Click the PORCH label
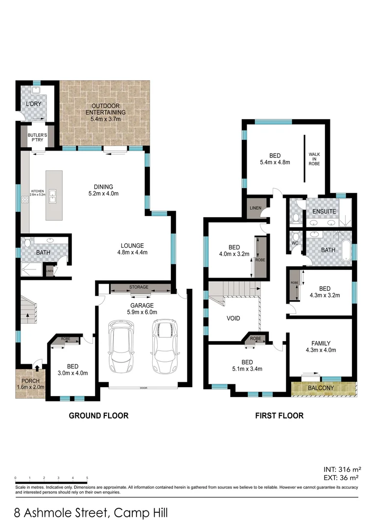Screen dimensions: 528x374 pyautogui.click(x=30, y=380)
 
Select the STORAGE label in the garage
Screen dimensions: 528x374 pyautogui.click(x=139, y=287)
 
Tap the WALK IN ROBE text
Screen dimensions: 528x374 pyautogui.click(x=314, y=159)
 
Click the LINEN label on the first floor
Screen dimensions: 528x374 pyautogui.click(x=255, y=208)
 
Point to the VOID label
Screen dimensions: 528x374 pyautogui.click(x=234, y=318)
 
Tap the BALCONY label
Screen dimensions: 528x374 pyautogui.click(x=321, y=389)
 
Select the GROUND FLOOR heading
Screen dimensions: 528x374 pyautogui.click(x=98, y=416)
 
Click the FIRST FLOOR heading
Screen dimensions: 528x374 pyautogui.click(x=279, y=416)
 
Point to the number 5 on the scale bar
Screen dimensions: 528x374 pyautogui.click(x=87, y=477)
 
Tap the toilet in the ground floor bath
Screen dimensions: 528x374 pyautogui.click(x=27, y=242)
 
